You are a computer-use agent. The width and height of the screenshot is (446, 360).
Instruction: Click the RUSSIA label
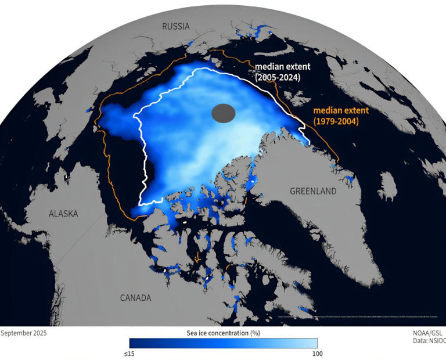176,26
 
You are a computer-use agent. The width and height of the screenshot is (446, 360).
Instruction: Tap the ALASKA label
63,214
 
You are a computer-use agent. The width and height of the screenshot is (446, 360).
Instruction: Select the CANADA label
135,298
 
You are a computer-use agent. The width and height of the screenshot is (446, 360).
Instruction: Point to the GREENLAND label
314,190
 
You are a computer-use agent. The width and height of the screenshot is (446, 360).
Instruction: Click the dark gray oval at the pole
224,113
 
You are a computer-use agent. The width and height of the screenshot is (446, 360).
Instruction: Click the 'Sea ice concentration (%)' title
223,333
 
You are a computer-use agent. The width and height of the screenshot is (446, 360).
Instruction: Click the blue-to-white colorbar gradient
223,343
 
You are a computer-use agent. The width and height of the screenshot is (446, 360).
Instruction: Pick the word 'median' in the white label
268,67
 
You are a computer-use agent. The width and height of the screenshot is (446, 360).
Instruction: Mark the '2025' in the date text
39,333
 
